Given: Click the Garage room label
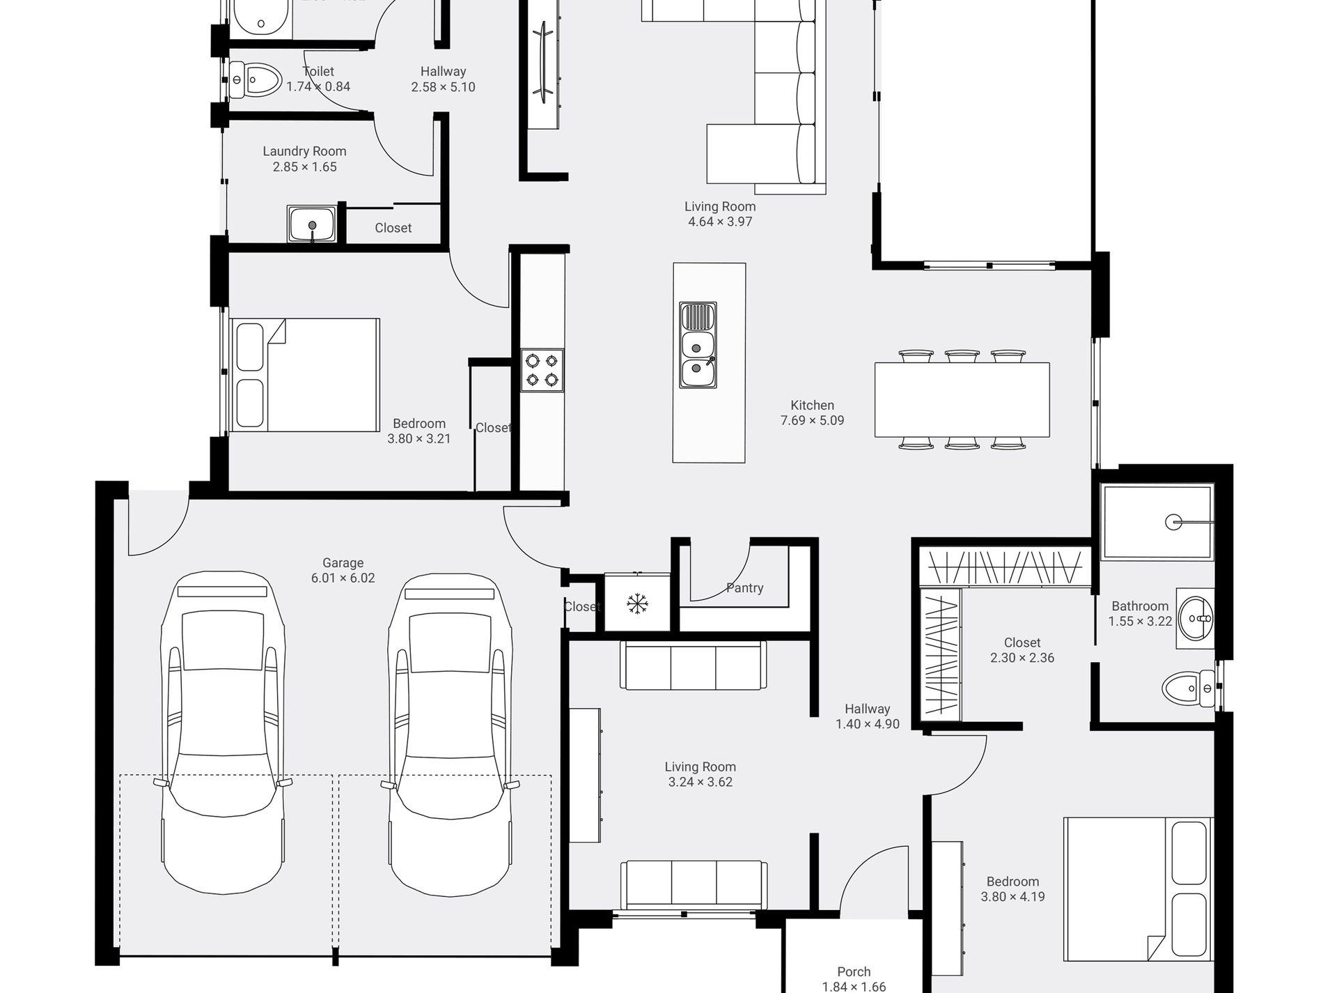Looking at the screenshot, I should tap(343, 563).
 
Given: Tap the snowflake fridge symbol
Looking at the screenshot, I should tap(636, 603).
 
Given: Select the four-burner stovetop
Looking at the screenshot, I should tap(542, 370).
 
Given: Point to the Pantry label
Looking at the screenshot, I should tap(744, 588).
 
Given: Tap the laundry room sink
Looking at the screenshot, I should tap(312, 224).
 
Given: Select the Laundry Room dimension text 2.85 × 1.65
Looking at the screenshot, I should tap(304, 167).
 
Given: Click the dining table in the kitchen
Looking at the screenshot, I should tap(962, 399).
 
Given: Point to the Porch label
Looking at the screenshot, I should tap(854, 971).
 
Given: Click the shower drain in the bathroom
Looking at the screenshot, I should tap(1174, 521).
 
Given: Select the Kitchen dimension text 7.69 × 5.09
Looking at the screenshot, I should tap(812, 421).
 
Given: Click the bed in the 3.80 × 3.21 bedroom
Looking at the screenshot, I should tap(305, 375).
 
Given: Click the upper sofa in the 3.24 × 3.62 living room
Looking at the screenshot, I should tap(694, 666).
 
